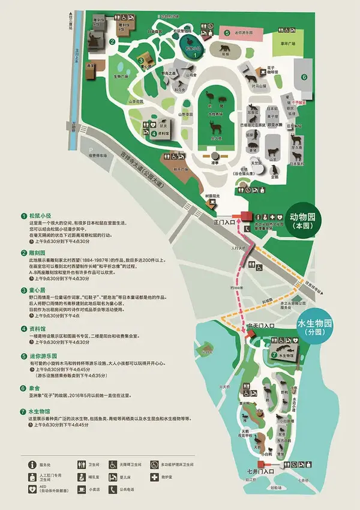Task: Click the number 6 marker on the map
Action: [x=304, y=77]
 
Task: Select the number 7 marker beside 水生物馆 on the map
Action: [x=274, y=354]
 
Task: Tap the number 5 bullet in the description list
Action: [x=23, y=355]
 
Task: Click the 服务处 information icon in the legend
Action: [x=31, y=463]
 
